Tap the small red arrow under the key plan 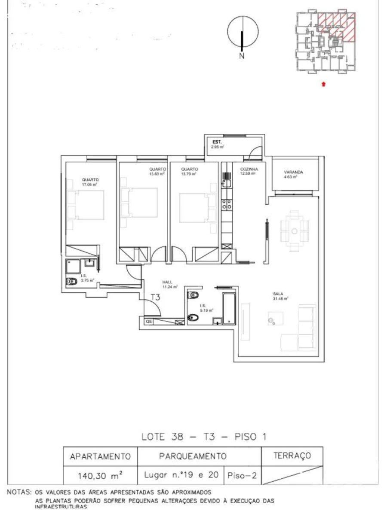point(323,84)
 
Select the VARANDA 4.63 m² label point(293,174)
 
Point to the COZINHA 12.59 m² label point(249,172)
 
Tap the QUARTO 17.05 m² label point(89,182)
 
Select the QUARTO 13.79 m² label point(189,172)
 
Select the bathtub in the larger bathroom point(229,308)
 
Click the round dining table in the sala point(294,231)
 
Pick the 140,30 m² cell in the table point(100,475)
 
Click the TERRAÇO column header point(292,455)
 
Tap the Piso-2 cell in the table point(243,475)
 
